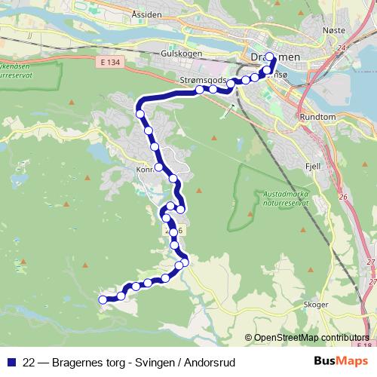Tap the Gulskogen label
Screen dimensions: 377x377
point(179,55)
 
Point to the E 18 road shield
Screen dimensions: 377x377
point(365,345)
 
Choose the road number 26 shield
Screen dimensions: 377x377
point(343,197)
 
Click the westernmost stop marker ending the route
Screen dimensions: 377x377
point(104,300)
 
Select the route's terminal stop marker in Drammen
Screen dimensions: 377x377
point(270,57)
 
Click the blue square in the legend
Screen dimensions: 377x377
point(11,363)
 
